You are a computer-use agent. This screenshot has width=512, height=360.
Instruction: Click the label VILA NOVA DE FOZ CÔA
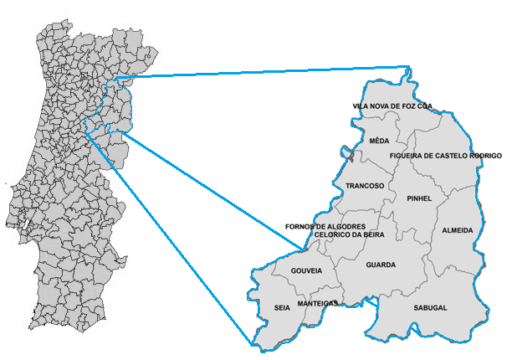392,106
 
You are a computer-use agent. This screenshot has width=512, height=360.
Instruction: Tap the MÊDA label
378,141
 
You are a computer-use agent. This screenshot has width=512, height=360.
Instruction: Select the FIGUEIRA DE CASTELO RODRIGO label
445,156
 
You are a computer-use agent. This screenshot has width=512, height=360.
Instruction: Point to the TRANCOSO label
365,185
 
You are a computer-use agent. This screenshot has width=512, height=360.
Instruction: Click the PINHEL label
418,198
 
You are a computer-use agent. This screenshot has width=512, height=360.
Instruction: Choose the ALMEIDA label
458,229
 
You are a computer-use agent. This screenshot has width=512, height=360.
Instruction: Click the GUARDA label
381,265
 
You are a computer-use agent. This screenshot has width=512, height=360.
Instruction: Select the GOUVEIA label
306,271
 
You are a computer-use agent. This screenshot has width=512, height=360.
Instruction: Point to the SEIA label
282,307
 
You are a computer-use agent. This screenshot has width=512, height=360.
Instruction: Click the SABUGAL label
430,307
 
